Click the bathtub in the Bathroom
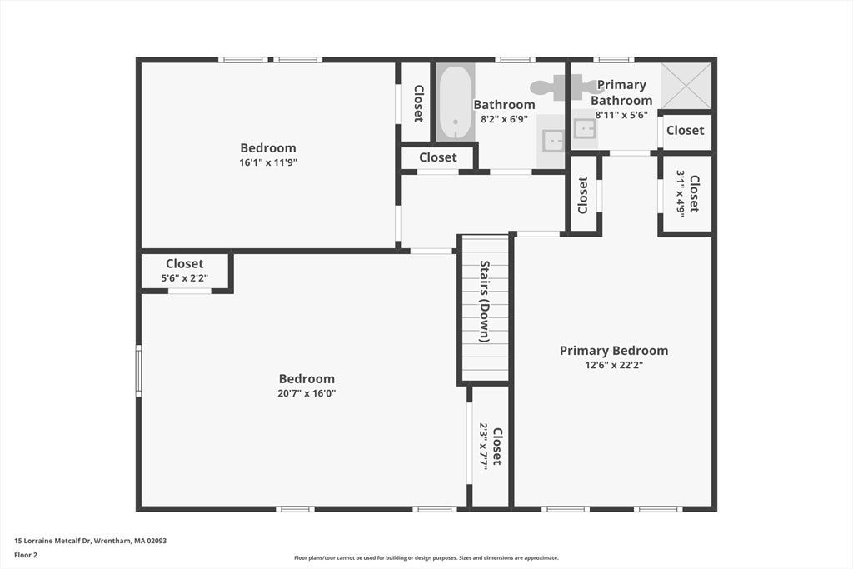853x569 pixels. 456,102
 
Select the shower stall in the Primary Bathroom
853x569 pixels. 686,86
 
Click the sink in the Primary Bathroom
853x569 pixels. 584,129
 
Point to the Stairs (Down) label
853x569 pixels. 485,302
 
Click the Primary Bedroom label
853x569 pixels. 614,351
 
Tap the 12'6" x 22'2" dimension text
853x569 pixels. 614,365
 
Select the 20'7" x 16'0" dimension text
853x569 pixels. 307,393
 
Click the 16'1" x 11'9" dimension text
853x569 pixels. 268,162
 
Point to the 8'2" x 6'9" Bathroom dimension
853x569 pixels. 504,119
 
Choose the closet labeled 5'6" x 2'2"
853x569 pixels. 184,271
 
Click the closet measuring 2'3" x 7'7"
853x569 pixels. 490,446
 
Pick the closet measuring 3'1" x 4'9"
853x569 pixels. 686,194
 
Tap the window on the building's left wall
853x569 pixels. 139,371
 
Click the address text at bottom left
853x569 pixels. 90,541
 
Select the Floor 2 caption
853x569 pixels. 26,555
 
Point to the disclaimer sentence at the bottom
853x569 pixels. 426,557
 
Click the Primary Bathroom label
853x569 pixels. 621,92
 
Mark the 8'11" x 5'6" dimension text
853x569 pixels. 621,115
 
